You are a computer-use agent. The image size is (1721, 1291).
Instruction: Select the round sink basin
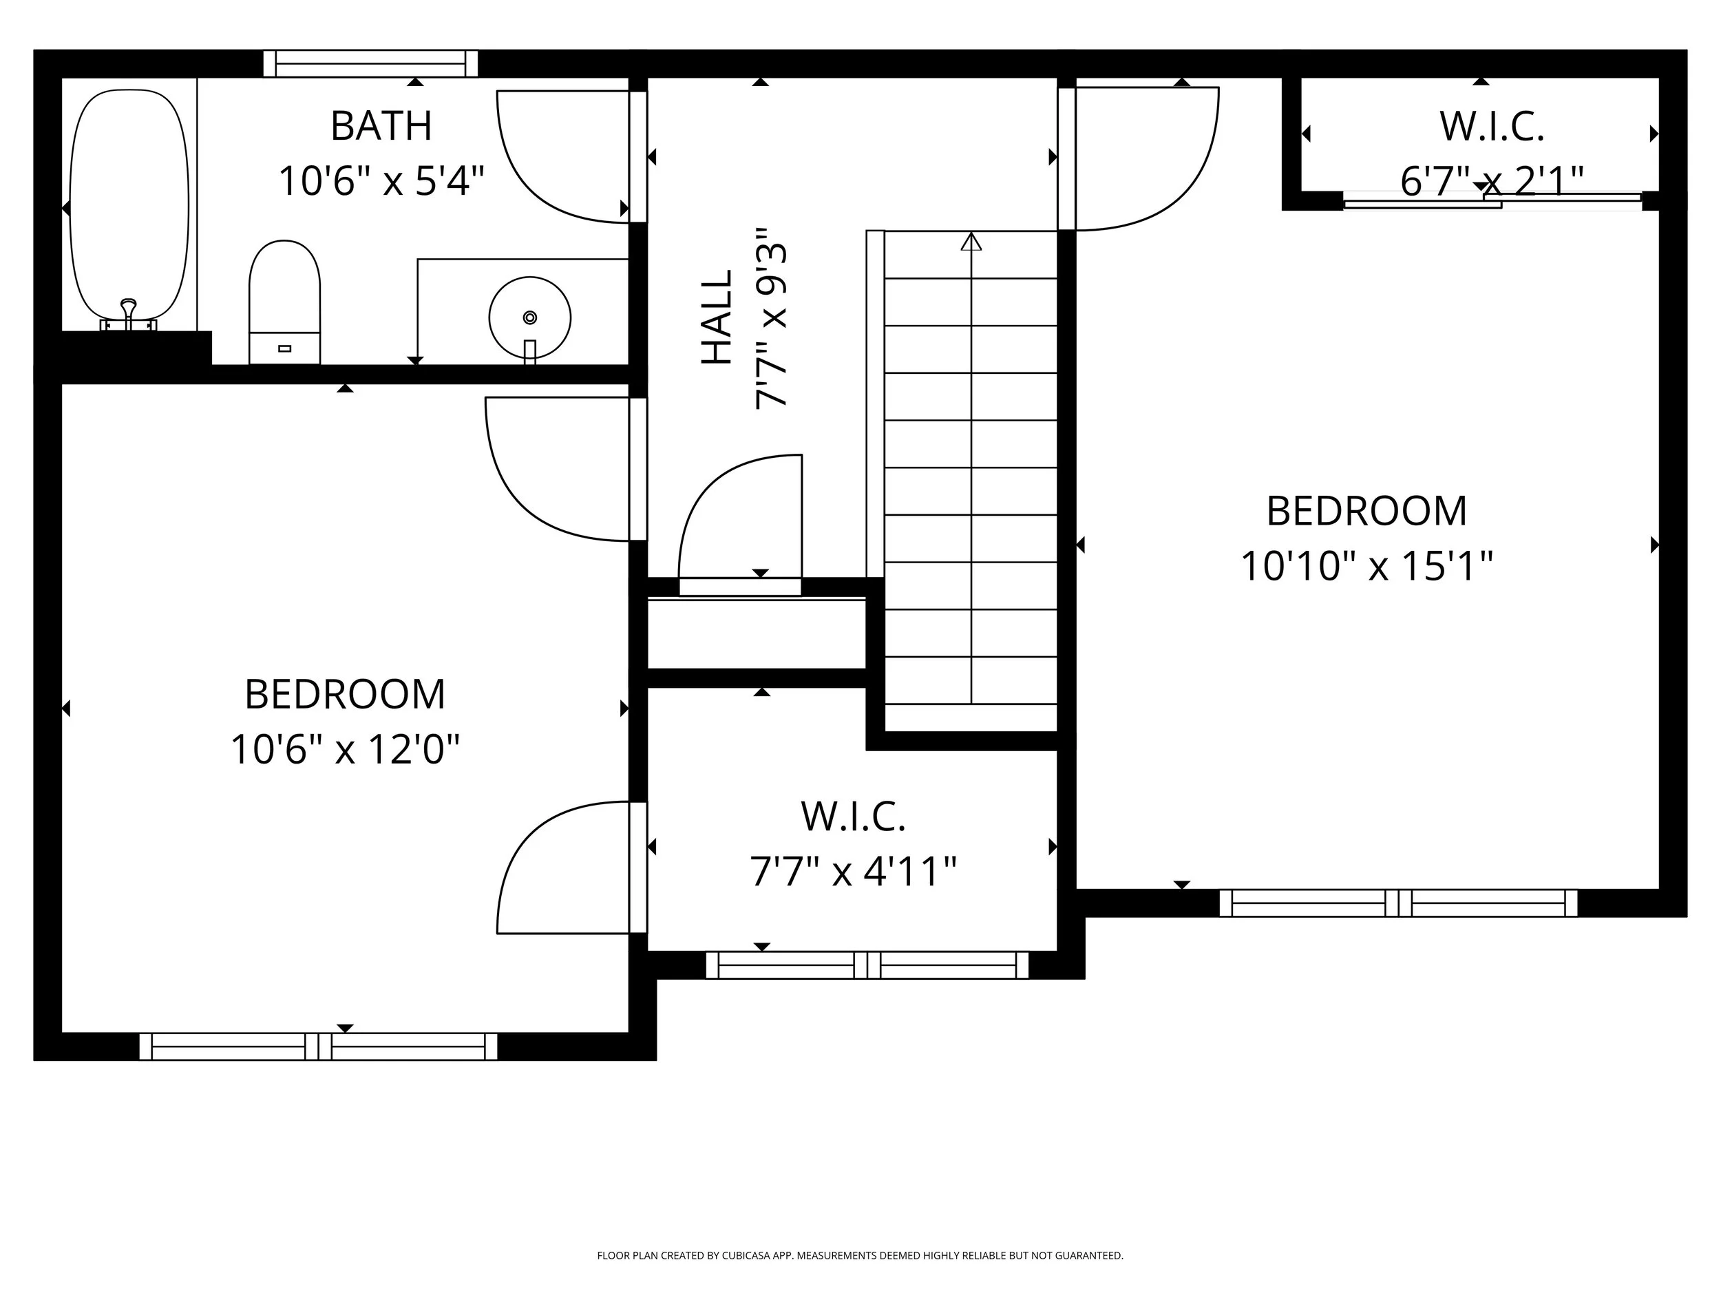(530, 317)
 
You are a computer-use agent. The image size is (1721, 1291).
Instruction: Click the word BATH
(381, 126)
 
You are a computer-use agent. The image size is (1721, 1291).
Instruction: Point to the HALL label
(717, 317)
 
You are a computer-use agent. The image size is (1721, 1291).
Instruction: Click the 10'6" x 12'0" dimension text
(345, 749)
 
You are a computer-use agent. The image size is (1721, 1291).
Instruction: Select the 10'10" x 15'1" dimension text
(1366, 566)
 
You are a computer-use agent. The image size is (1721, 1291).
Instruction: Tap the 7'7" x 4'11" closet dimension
(853, 871)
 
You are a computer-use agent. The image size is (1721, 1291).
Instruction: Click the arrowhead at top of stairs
(971, 242)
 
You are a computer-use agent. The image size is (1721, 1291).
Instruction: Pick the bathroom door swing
(562, 157)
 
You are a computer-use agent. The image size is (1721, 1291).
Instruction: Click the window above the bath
(370, 64)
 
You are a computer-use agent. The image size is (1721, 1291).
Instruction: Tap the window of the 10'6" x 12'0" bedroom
(318, 1047)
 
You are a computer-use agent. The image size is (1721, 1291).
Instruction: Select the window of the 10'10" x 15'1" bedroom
(1398, 903)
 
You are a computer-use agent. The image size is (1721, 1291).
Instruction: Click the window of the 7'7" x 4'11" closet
(867, 965)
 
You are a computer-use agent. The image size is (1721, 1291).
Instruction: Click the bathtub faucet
(128, 315)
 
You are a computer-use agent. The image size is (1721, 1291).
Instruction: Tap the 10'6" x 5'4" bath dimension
(381, 180)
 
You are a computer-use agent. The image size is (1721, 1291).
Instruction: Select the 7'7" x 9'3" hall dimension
(772, 317)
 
